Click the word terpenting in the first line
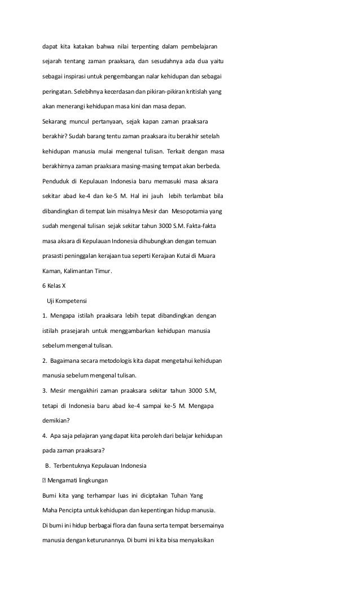[x=146, y=45]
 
